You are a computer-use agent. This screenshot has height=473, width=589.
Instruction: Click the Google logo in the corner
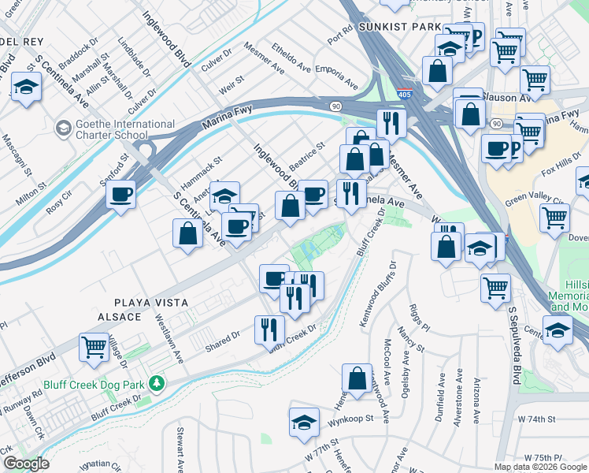(26, 464)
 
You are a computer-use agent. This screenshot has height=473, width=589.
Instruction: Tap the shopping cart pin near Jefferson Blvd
(94, 347)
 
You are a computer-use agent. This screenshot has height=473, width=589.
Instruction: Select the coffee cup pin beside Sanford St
(120, 194)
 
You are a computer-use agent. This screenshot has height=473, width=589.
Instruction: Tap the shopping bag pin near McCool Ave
(357, 378)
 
